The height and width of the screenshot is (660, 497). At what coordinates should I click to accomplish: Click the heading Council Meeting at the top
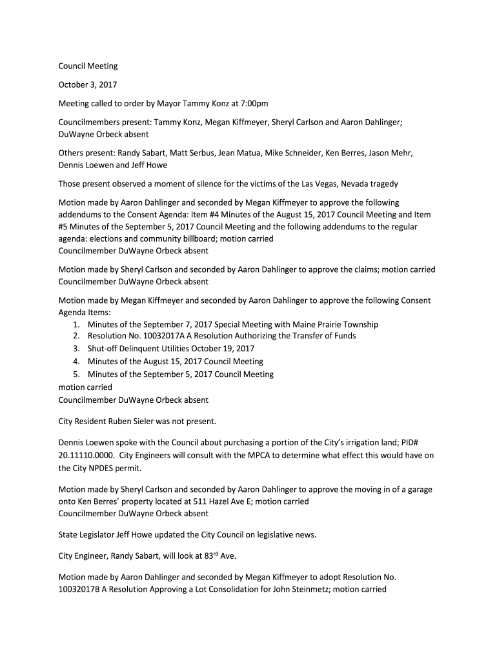[x=88, y=66]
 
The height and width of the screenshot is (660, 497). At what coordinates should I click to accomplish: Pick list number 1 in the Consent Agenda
[x=76, y=324]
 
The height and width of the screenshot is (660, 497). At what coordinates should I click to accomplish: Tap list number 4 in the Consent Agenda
[x=76, y=362]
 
